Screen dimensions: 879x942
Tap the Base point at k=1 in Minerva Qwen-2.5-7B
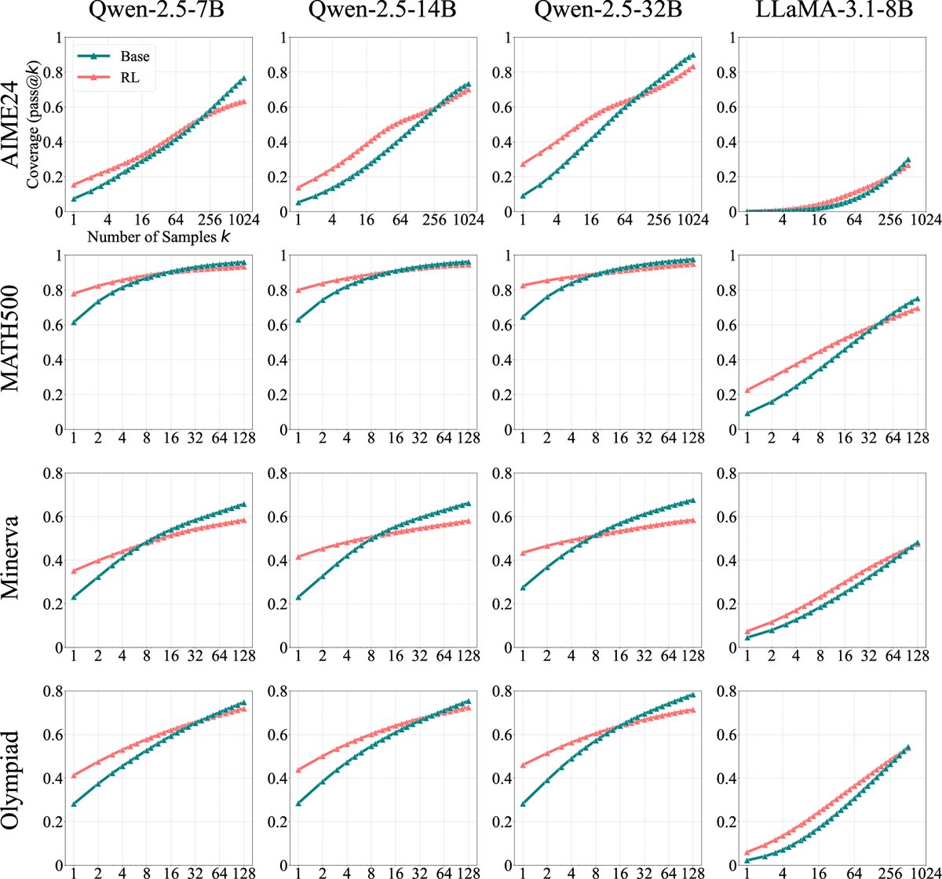pyautogui.click(x=74, y=597)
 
